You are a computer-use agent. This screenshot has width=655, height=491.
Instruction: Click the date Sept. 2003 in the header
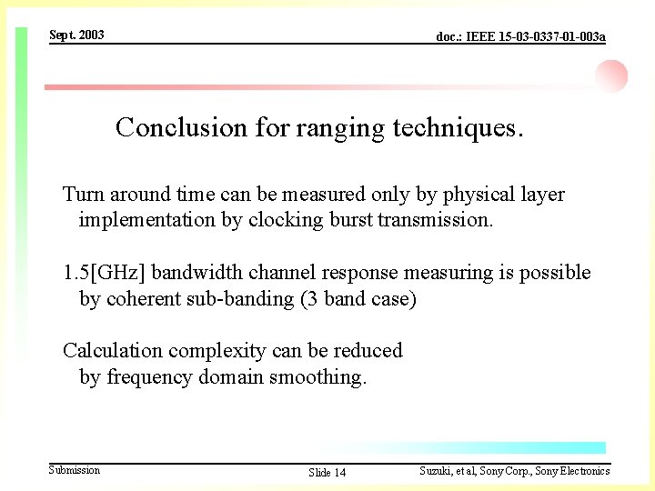pyautogui.click(x=76, y=35)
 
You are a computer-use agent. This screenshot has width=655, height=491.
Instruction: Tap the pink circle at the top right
pyautogui.click(x=611, y=76)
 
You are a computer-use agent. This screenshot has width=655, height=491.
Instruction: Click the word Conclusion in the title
pyautogui.click(x=181, y=127)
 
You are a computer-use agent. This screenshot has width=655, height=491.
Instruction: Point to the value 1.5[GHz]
pyautogui.click(x=104, y=273)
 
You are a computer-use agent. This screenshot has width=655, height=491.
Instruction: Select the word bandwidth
pyautogui.click(x=194, y=273)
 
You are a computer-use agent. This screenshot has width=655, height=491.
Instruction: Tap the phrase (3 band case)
pyautogui.click(x=358, y=299)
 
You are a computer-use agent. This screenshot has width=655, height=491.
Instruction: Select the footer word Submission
pyautogui.click(x=75, y=470)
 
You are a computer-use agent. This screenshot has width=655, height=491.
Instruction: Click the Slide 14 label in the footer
pyautogui.click(x=327, y=472)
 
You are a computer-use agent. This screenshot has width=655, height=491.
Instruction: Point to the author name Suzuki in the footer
pyautogui.click(x=437, y=471)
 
